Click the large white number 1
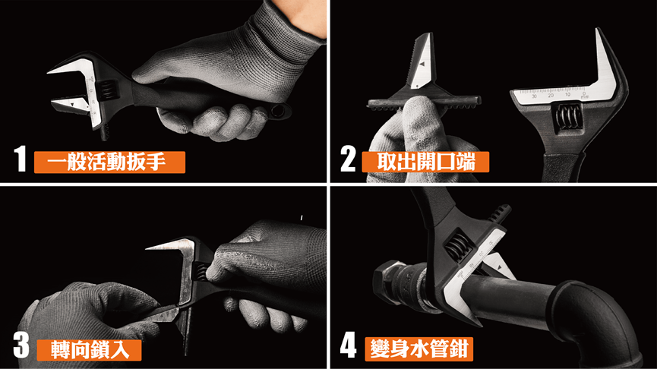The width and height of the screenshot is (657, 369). click(20, 159)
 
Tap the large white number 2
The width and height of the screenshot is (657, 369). click(348, 159)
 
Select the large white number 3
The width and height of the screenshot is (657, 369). click(21, 345)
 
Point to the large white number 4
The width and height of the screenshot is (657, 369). click(348, 345)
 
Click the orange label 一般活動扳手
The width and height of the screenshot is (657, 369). click(109, 162)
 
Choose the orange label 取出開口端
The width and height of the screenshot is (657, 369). click(425, 162)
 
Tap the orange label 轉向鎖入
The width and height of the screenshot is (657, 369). click(90, 350)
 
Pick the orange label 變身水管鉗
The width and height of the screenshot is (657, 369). click(419, 349)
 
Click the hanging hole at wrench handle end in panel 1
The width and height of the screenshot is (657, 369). click(278, 111)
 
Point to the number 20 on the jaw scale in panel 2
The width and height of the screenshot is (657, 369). click(551, 96)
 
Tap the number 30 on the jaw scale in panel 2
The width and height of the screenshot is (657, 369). click(534, 96)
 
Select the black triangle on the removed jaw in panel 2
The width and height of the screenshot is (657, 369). click(422, 65)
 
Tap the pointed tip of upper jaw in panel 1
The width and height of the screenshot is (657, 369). click(48, 72)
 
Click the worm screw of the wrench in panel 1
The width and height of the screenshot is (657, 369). click(108, 90)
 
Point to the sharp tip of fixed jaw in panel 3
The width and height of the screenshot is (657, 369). click(147, 248)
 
